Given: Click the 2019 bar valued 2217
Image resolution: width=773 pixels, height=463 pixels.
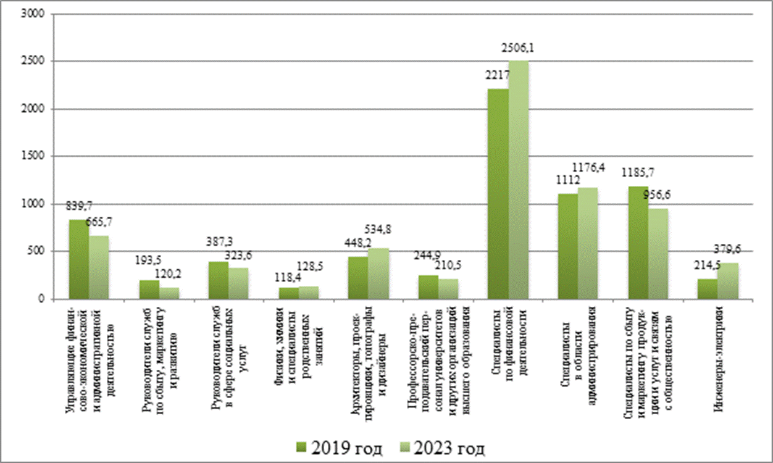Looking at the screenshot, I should point(498,194).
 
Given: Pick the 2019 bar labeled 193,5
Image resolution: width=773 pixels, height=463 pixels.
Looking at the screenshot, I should point(149,290).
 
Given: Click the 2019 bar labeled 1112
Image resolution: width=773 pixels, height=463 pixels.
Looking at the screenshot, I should point(568,246).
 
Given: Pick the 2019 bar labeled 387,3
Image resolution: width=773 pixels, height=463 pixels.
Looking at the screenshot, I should point(219,280).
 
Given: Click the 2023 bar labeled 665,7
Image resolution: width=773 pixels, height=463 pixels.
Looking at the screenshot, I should point(99,267).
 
